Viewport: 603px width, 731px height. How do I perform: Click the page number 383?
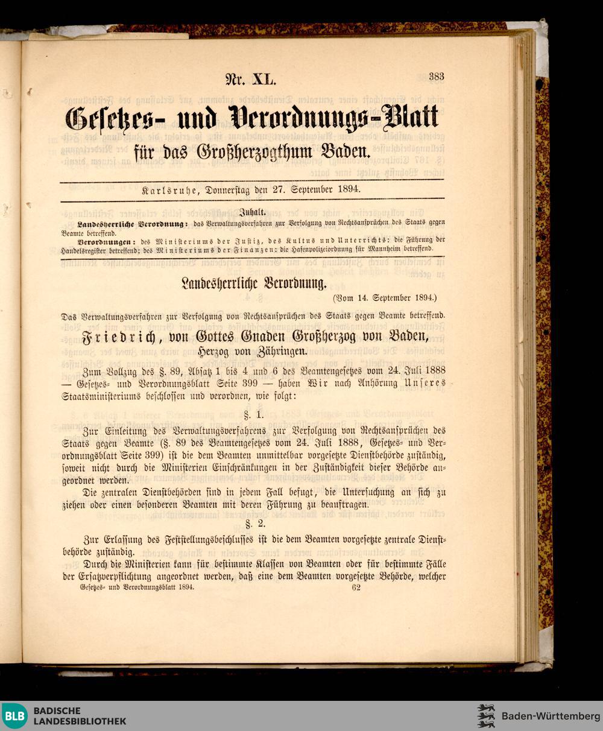coord(437,77)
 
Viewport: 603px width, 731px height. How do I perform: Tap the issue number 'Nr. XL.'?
coord(251,79)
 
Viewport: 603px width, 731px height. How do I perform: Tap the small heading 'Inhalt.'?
coord(253,212)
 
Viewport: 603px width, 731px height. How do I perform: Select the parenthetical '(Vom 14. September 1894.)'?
coord(385,298)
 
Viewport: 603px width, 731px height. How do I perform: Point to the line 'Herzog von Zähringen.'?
coord(253,351)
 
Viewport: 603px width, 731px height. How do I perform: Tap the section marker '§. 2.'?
coord(253,524)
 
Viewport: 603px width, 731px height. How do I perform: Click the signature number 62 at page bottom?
coord(355,587)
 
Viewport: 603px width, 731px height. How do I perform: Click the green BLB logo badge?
coord(14,716)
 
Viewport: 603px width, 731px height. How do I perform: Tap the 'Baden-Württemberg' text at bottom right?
coord(551,716)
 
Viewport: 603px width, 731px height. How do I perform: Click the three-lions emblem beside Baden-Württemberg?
coord(486,716)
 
